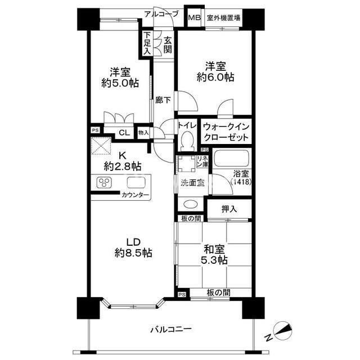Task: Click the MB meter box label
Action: click(x=194, y=17)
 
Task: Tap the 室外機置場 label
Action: click(x=223, y=17)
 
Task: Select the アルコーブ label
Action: click(x=161, y=14)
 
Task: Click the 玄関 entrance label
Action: click(x=167, y=44)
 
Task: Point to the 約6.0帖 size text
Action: click(x=215, y=78)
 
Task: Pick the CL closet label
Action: click(x=125, y=133)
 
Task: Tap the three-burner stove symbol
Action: click(x=106, y=182)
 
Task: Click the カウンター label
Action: click(x=136, y=195)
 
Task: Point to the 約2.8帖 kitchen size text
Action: click(x=122, y=166)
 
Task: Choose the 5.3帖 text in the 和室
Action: click(x=214, y=260)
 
